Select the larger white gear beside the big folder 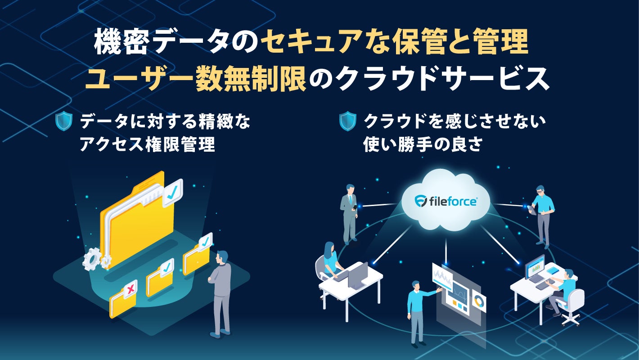tap(92, 259)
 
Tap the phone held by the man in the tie tap(355, 207)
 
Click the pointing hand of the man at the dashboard tap(438, 290)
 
